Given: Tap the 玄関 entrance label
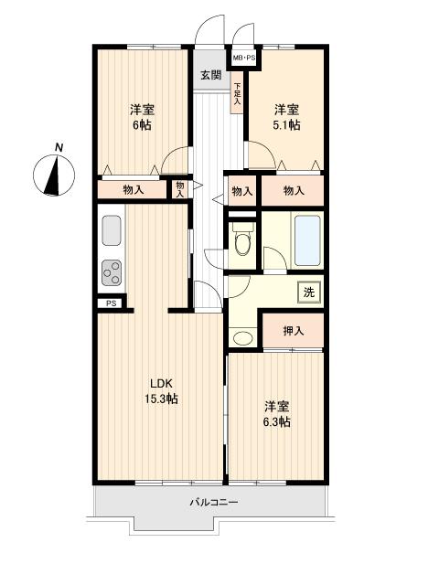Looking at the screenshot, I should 210,75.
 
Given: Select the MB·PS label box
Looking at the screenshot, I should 243,58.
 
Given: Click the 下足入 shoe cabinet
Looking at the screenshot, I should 238,94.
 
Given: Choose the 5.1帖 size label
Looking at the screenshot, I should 286,126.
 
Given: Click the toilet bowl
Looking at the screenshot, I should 242,243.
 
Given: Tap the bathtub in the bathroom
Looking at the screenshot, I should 307,239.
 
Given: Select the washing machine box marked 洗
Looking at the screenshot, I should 308,292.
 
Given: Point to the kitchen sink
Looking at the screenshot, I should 112,229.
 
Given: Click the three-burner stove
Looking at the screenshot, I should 112,271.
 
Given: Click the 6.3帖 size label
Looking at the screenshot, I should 278,421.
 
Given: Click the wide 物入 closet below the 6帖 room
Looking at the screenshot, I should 134,189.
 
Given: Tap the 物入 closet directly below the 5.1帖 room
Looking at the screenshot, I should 293,190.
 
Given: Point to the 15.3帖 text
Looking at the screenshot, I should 162,399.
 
